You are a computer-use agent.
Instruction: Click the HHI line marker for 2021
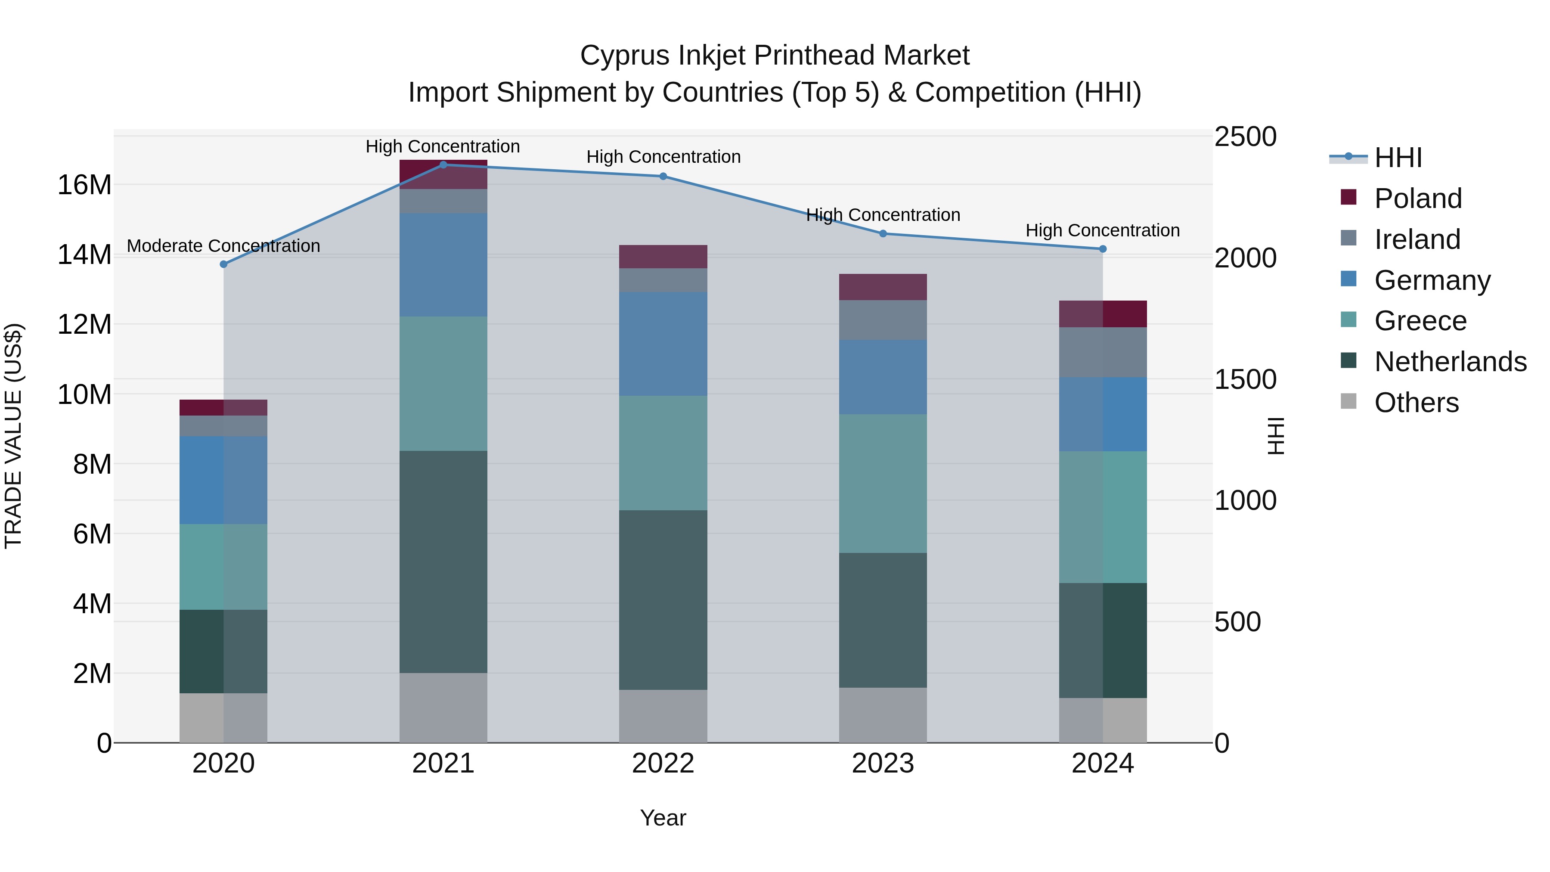(443, 164)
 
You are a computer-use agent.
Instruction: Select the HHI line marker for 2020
(224, 264)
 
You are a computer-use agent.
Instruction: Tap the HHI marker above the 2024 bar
(1103, 248)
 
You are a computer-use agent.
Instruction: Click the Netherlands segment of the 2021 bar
(443, 562)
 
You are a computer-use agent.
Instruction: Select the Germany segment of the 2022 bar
(663, 344)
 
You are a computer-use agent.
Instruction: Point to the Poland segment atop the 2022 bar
(663, 256)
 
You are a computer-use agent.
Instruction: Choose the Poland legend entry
(1418, 198)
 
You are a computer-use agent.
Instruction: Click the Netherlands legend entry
(1450, 362)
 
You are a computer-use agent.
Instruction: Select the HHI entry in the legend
(1398, 158)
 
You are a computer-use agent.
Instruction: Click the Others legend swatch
(1348, 401)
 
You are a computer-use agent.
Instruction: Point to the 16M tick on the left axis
(84, 185)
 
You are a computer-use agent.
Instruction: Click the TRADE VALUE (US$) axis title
(13, 436)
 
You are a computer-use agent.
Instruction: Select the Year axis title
(663, 818)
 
